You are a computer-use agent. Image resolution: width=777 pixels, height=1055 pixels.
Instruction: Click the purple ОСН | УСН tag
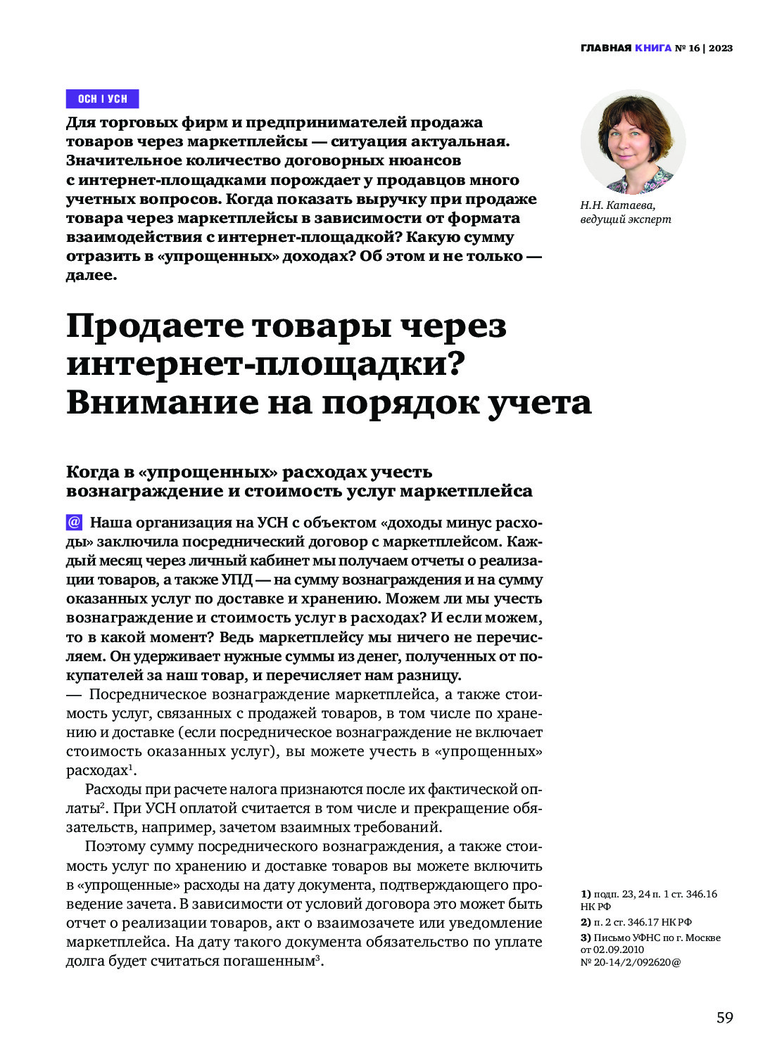click(102, 98)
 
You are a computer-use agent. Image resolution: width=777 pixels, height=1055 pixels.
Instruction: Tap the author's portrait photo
click(633, 142)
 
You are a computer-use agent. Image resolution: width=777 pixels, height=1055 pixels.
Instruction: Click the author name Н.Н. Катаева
click(617, 205)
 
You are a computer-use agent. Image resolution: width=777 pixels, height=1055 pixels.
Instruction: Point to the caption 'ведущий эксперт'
click(625, 219)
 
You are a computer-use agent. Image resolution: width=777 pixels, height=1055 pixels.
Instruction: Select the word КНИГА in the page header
click(652, 49)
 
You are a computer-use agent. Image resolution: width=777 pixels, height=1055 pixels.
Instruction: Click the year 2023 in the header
click(721, 49)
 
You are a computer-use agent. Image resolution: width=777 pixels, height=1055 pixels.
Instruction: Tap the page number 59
click(724, 1018)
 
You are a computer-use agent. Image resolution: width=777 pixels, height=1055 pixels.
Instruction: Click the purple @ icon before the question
click(74, 523)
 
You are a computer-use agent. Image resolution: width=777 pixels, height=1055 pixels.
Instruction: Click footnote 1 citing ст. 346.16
click(647, 900)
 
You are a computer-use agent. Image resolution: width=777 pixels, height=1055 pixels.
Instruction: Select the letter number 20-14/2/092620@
click(630, 962)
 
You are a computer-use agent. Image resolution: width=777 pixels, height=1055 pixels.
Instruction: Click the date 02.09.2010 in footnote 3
click(619, 949)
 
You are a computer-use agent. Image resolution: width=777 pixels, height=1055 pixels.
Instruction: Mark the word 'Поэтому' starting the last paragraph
click(113, 847)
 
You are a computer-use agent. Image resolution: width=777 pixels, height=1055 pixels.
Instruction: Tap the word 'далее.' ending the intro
click(91, 275)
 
